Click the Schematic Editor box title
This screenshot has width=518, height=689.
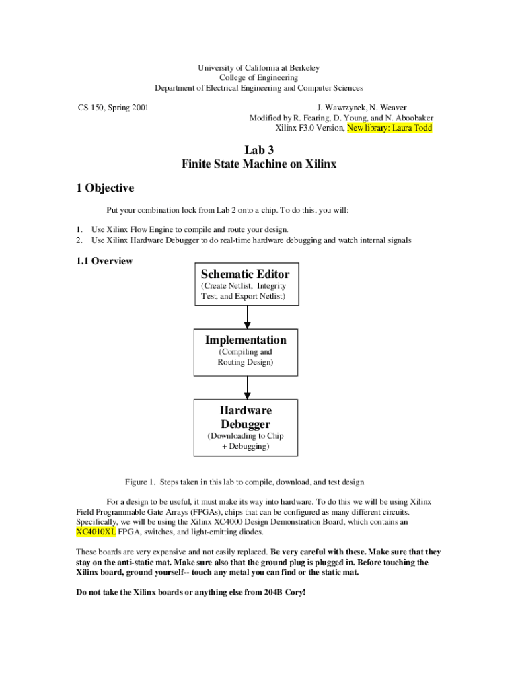(x=245, y=274)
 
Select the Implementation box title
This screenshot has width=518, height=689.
(x=246, y=340)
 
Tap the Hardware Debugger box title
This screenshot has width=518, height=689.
(x=246, y=417)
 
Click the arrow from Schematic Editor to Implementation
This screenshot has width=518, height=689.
(x=247, y=317)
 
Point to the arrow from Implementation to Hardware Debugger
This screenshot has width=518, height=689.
(x=247, y=387)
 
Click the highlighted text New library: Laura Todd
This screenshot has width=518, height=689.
(x=390, y=127)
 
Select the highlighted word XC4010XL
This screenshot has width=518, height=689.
(x=96, y=532)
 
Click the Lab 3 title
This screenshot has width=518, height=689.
(x=258, y=150)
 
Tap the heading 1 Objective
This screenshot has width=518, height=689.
(x=105, y=188)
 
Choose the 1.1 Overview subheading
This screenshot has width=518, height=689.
(x=104, y=261)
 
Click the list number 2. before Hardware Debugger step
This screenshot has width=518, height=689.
(x=79, y=240)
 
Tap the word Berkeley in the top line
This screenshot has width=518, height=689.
(x=303, y=68)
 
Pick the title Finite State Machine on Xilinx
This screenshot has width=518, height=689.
(x=258, y=164)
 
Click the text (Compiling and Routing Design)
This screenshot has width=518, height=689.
(x=245, y=357)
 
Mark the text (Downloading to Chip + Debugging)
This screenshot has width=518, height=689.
(x=245, y=441)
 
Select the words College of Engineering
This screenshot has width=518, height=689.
(x=258, y=78)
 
